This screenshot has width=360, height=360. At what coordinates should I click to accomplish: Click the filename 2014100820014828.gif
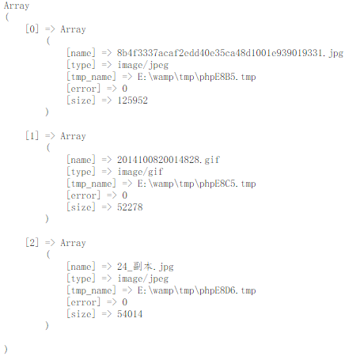coord(169,160)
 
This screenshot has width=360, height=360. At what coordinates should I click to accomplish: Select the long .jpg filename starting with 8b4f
coord(230,53)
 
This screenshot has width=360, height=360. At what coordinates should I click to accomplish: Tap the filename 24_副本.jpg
coord(146,267)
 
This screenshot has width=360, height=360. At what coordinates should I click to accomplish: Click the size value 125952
coord(132,100)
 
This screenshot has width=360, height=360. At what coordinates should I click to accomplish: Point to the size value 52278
coord(130,207)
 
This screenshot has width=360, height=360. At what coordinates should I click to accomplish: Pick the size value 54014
coord(130,314)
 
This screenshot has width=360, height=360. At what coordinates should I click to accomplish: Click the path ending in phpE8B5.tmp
coord(196,77)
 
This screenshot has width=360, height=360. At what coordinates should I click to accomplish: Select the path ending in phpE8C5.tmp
coord(196,184)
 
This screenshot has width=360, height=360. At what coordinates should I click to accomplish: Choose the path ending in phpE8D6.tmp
coord(196,290)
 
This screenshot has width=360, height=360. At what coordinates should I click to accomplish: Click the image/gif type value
coord(140,172)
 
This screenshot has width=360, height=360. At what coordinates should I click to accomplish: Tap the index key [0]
coord(32,29)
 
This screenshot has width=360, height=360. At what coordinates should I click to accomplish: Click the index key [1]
coord(32,136)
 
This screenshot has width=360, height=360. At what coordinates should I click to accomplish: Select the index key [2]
coord(32,243)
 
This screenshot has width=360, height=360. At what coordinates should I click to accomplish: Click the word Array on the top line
coord(17,6)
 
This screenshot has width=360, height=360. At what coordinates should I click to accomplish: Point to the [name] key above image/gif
coord(81,160)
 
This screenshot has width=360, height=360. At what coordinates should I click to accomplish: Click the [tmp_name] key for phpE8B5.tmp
coord(91,77)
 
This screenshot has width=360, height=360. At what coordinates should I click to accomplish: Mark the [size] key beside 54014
coord(81,314)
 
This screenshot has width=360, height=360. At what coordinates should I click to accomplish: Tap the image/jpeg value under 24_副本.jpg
coord(142,279)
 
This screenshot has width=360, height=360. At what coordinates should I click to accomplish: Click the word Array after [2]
coord(73,243)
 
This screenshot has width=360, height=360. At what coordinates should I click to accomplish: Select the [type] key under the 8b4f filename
coord(81,65)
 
